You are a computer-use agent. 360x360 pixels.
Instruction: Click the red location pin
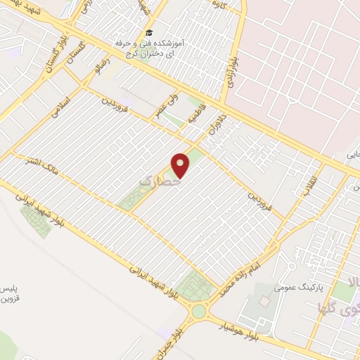182,165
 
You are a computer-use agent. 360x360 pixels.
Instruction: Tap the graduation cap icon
148,32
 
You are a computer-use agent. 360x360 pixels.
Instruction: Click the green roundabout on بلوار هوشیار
200,309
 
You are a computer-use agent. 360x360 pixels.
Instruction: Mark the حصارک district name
157,182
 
